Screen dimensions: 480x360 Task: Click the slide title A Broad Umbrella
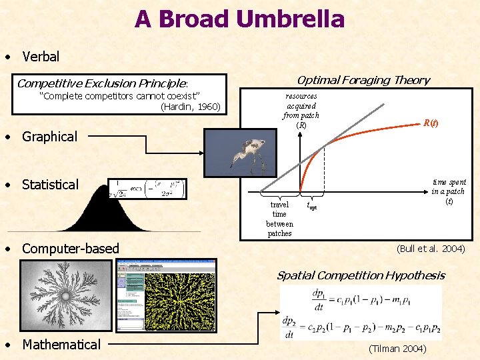[239, 19]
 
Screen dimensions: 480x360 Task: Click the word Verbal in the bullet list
[41, 57]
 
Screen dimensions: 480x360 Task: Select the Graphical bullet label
[49, 137]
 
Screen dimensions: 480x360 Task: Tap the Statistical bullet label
[50, 185]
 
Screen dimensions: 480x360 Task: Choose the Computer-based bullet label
[70, 249]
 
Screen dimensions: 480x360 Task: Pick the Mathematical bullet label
[61, 345]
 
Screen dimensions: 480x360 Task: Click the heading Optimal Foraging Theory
[363, 80]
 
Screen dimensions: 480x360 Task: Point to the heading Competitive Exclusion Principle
[103, 83]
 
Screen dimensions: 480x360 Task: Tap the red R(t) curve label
[431, 123]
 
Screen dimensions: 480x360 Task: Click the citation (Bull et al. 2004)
[430, 249]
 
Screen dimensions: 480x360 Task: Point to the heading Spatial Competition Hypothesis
[360, 275]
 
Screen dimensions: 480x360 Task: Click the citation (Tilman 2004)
[397, 348]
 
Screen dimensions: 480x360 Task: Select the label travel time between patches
[279, 219]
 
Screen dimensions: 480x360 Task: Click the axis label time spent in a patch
[448, 191]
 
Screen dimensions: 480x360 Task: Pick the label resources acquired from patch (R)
[301, 110]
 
